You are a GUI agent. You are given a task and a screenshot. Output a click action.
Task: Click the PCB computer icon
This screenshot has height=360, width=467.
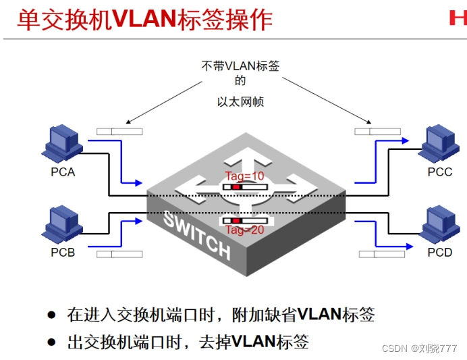point(62,225)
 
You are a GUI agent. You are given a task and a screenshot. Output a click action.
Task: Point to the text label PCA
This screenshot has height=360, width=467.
point(63,172)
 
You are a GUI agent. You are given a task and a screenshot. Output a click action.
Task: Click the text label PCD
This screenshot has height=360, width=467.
point(439,253)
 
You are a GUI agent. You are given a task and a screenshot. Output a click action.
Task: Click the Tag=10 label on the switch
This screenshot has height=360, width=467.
point(246,176)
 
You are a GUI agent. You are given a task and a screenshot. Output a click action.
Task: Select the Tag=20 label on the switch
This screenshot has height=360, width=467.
point(245,230)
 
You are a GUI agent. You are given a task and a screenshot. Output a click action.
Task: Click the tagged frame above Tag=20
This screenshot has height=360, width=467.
point(246,221)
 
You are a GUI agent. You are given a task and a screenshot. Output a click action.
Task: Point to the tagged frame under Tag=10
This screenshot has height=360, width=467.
point(246,186)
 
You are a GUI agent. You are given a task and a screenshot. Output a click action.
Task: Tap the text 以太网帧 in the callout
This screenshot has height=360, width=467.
point(240,102)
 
